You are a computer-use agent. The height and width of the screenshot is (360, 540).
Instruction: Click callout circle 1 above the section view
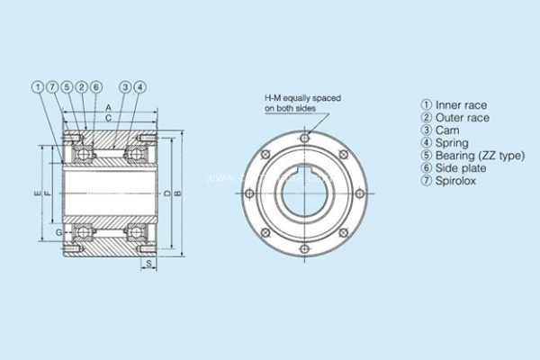coord(38,87)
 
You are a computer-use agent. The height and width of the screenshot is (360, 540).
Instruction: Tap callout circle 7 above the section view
coord(52,87)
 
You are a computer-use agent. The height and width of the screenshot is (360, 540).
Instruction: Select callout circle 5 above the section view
coord(67,87)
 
